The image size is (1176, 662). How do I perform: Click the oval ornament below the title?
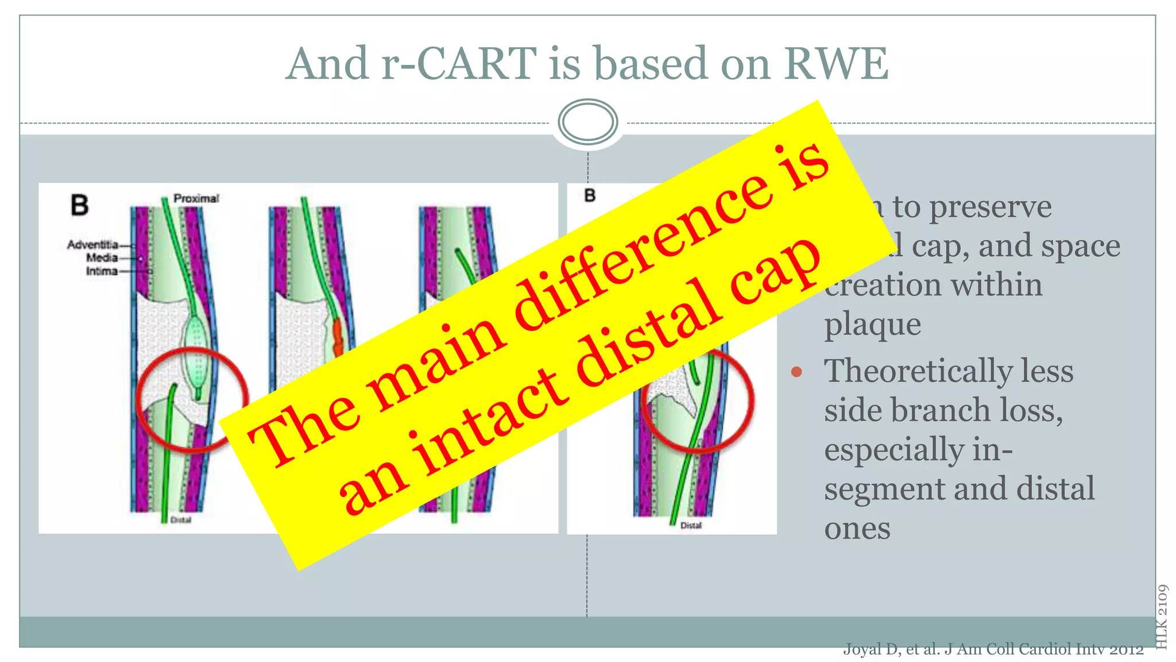click(587, 121)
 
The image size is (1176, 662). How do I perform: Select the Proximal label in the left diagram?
click(196, 198)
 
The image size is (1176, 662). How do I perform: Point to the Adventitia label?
click(92, 245)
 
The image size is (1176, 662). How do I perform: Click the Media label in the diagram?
click(102, 258)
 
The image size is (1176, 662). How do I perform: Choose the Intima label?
click(102, 271)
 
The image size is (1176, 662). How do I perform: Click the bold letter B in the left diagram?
click(79, 205)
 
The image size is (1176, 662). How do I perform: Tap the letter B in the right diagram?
click(590, 196)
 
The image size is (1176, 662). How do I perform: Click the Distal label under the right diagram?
click(691, 525)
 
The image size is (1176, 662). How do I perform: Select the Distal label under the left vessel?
click(180, 520)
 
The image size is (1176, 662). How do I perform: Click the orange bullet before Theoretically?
click(796, 372)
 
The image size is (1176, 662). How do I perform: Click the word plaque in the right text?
click(872, 325)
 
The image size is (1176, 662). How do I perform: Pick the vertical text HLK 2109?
click(1162, 616)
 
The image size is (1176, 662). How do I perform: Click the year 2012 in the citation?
click(1126, 650)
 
